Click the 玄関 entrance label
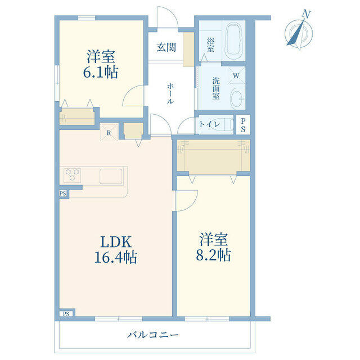click(x=166, y=47)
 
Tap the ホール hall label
click(x=170, y=93)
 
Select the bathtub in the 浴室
click(x=233, y=38)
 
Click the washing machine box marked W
click(x=236, y=75)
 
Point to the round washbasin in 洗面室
click(x=237, y=98)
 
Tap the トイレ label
click(x=210, y=124)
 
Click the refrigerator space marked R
click(x=109, y=132)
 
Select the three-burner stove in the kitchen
click(x=72, y=175)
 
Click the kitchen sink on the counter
click(x=111, y=176)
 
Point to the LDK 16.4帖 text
click(x=116, y=249)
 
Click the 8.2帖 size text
click(x=213, y=255)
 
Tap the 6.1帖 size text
click(x=101, y=72)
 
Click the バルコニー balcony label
click(x=153, y=335)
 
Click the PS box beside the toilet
click(x=243, y=125)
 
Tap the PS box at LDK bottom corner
click(x=66, y=314)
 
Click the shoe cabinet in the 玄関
click(x=188, y=49)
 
